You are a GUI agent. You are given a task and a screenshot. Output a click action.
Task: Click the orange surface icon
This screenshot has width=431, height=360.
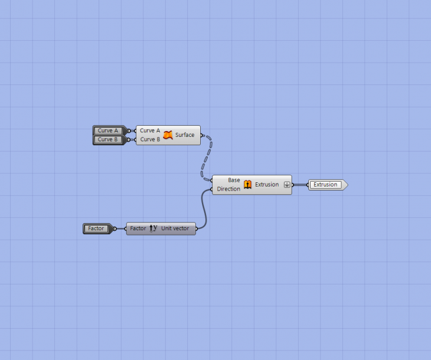pyautogui.click(x=168, y=135)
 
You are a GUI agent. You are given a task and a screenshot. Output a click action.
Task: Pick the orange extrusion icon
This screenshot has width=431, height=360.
pyautogui.click(x=247, y=184)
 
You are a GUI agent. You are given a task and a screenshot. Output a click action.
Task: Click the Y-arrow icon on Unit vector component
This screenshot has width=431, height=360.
pyautogui.click(x=154, y=228)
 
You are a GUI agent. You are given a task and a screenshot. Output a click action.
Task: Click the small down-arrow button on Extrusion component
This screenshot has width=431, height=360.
pyautogui.click(x=287, y=185)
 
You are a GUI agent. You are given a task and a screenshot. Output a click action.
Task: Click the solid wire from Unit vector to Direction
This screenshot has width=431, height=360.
pyautogui.click(x=204, y=209)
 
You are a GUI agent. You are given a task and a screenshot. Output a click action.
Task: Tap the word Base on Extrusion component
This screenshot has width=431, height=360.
pyautogui.click(x=234, y=180)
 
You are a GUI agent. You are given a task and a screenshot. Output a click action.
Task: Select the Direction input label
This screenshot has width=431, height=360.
pyautogui.click(x=228, y=189)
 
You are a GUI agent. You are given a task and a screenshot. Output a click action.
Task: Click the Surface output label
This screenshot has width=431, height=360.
pyautogui.click(x=185, y=135)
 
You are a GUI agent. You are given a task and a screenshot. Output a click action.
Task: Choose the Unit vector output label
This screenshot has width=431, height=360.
pyautogui.click(x=175, y=228)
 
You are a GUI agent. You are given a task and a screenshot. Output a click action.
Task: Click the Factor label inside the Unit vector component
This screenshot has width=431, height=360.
pyautogui.click(x=138, y=228)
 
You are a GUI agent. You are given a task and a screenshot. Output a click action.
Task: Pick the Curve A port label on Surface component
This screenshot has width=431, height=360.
pyautogui.click(x=150, y=130)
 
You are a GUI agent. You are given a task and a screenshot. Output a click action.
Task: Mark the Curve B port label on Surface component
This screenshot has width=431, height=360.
pyautogui.click(x=150, y=139)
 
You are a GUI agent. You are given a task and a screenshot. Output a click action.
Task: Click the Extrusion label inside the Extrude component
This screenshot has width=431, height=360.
pyautogui.click(x=267, y=184)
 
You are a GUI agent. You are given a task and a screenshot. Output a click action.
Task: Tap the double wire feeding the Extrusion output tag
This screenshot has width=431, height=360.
pyautogui.click(x=300, y=185)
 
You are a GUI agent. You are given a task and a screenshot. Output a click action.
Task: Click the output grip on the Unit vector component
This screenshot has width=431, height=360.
pyautogui.click(x=196, y=228)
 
